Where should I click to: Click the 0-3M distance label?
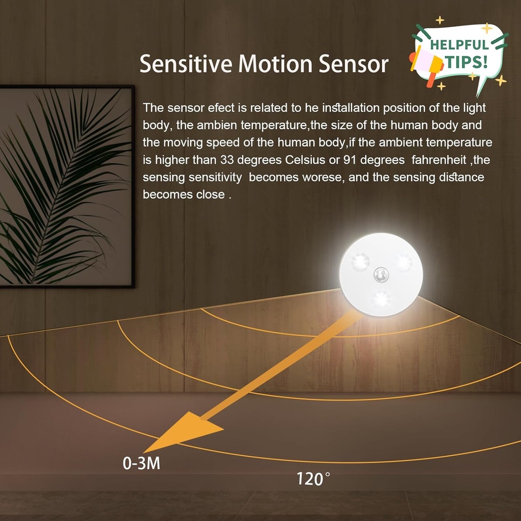141,464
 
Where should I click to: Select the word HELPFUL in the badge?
459,44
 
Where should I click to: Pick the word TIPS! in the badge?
467,62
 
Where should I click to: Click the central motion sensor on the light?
381,274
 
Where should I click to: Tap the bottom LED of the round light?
381,300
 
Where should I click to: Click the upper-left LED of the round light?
359,262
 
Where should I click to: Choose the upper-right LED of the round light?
403,262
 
